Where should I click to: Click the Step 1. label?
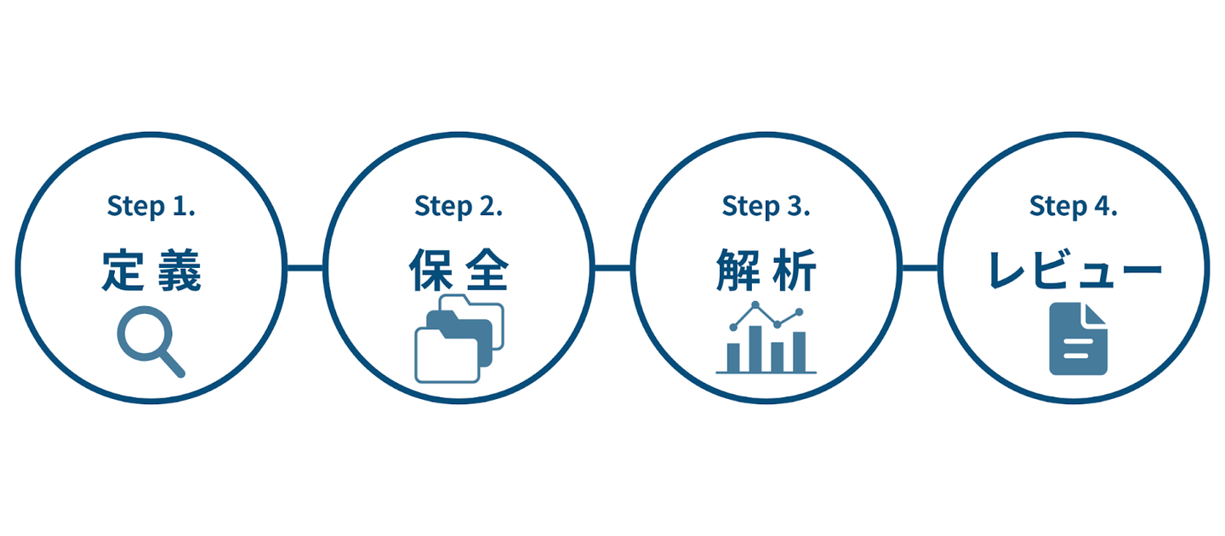click(x=151, y=207)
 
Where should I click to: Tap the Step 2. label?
click(x=459, y=207)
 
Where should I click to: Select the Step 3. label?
click(x=766, y=207)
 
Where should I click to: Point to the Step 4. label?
click(x=1073, y=207)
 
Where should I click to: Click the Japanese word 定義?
click(x=151, y=271)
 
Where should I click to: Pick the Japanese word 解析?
click(x=766, y=270)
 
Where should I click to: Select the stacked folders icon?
click(x=459, y=339)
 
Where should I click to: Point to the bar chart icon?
click(x=766, y=338)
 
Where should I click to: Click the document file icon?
click(x=1078, y=339)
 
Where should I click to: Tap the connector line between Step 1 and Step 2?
click(x=305, y=267)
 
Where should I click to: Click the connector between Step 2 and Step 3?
click(x=612, y=267)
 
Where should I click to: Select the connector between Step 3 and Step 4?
click(x=920, y=267)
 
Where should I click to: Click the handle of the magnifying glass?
click(x=173, y=364)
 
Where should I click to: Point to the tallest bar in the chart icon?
click(x=755, y=349)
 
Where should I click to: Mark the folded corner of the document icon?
click(x=1096, y=313)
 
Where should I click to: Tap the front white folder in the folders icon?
click(x=447, y=355)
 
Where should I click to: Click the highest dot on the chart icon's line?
click(x=755, y=305)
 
